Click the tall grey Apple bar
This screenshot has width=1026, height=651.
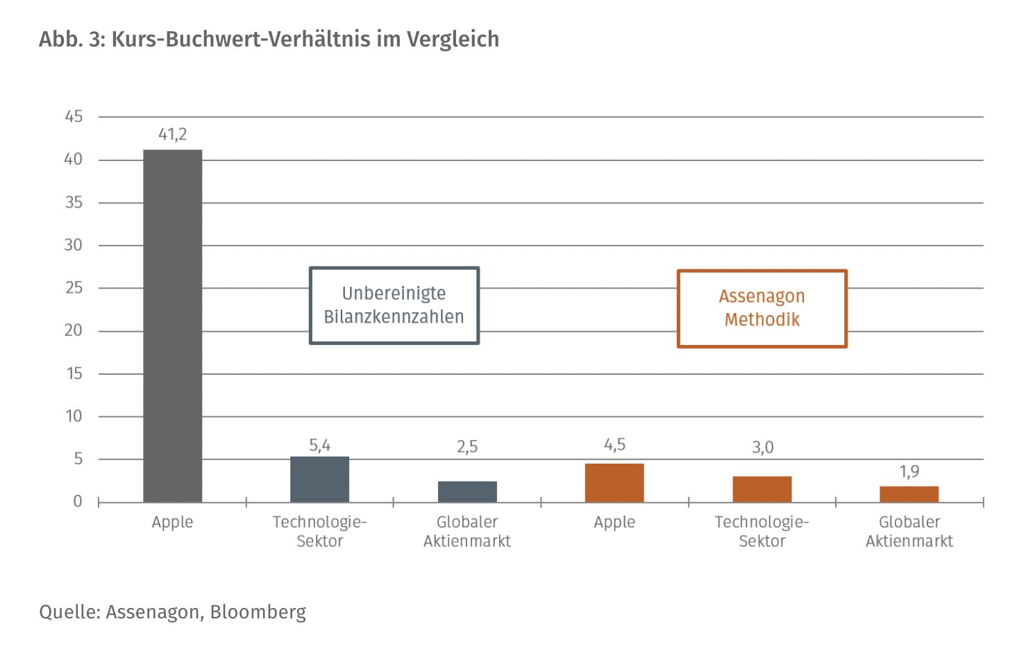pyautogui.click(x=172, y=325)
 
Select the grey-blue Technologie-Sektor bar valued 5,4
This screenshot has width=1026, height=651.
pyautogui.click(x=319, y=479)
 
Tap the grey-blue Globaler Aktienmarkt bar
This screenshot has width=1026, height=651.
pyautogui.click(x=467, y=491)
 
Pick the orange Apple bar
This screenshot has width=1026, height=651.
pyautogui.click(x=614, y=482)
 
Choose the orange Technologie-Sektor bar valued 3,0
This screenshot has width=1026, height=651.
pyautogui.click(x=762, y=489)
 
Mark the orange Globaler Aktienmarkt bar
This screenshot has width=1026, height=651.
pyautogui.click(x=909, y=494)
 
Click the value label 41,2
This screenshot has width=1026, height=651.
pyautogui.click(x=172, y=135)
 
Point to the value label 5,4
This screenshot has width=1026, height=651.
pyautogui.click(x=319, y=446)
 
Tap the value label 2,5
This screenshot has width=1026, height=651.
pyautogui.click(x=467, y=447)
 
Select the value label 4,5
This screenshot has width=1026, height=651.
pyautogui.click(x=614, y=445)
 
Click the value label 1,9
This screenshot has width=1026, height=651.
pyautogui.click(x=909, y=472)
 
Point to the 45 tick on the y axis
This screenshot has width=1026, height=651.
pyautogui.click(x=74, y=117)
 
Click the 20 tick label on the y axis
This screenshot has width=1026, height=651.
pyautogui.click(x=74, y=330)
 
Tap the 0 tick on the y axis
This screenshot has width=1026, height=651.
pyautogui.click(x=78, y=501)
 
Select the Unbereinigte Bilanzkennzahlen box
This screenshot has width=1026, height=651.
pyautogui.click(x=394, y=305)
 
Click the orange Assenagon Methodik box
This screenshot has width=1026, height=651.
pyautogui.click(x=762, y=308)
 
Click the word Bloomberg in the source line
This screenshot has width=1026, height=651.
pyautogui.click(x=258, y=612)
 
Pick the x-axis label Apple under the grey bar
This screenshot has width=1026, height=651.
pyautogui.click(x=172, y=522)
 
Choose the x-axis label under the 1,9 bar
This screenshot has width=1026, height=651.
pyautogui.click(x=909, y=532)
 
